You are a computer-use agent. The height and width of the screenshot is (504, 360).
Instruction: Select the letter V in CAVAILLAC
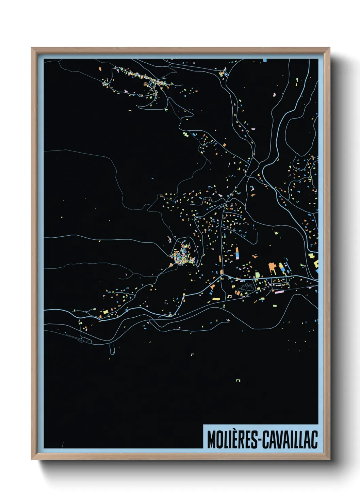coord(278,440)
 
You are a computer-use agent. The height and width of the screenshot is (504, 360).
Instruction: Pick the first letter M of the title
coord(211,440)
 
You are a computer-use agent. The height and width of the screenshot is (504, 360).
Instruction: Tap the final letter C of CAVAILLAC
coord(314,440)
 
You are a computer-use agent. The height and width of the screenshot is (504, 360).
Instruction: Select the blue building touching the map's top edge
coord(265,60)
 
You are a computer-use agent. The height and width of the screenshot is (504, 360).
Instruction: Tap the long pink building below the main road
coord(279,292)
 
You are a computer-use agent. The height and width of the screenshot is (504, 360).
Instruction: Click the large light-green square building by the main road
coord(258,274)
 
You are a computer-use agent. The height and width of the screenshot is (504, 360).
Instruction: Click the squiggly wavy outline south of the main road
coord(246,288)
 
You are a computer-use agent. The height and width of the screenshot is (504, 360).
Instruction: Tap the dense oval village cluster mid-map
coord(183,254)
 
